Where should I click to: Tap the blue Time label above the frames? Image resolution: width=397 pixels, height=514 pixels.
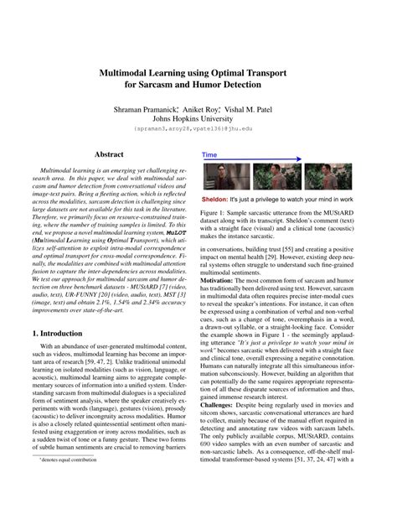210,155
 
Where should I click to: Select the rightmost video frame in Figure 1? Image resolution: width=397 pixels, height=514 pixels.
327,176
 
